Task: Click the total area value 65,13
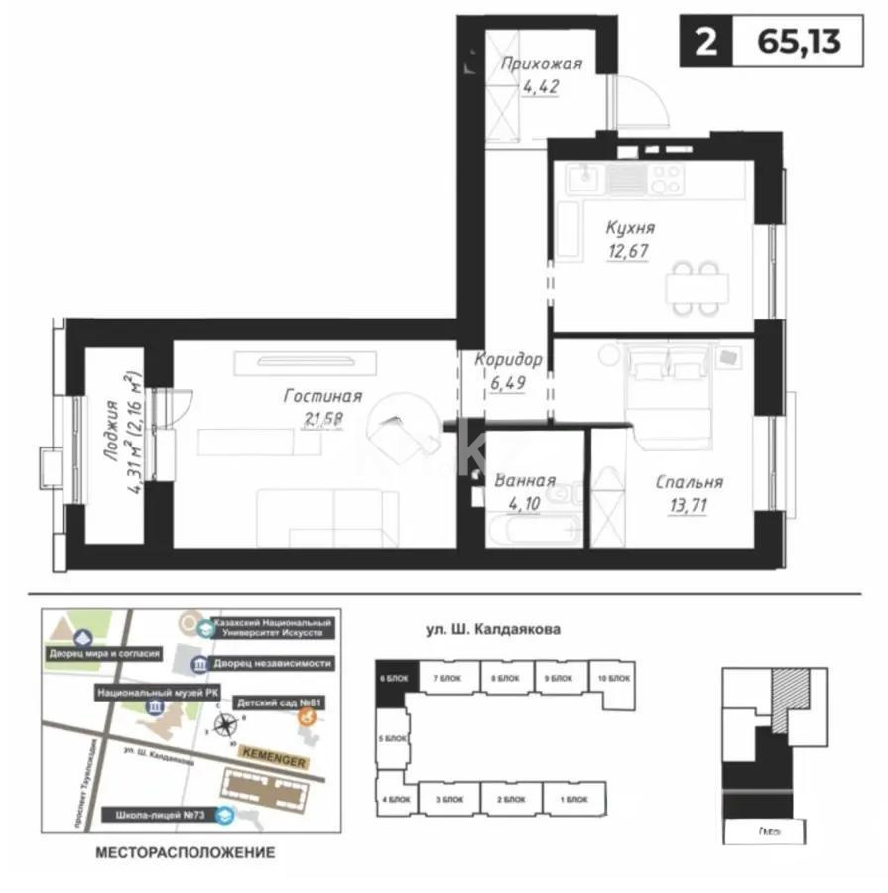click(798, 43)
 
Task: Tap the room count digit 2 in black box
click(705, 43)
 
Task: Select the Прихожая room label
click(541, 65)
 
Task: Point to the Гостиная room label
click(322, 396)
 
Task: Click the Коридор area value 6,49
click(508, 382)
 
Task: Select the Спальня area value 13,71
click(689, 504)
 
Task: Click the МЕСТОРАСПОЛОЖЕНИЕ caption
click(184, 852)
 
